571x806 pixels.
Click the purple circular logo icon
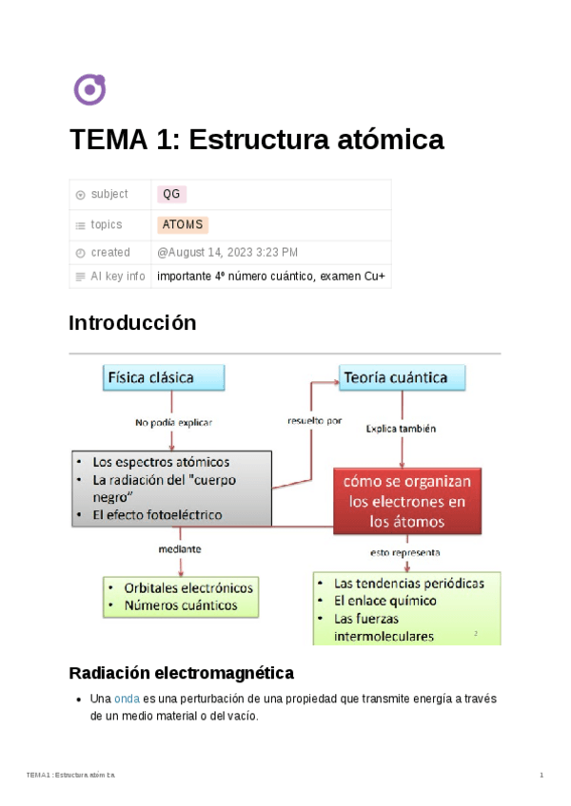coord(89,89)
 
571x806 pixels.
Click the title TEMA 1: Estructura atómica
coord(256,140)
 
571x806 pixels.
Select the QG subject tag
coord(171,194)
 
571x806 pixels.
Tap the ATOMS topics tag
coord(182,225)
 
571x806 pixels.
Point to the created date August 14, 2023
coord(227,253)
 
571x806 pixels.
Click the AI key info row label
coord(117,277)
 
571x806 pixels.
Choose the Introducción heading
coord(132,323)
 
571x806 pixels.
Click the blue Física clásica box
coord(164,377)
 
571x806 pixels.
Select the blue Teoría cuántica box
coord(404,377)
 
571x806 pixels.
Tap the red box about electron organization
coord(407,501)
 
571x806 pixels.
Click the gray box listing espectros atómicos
coord(171,488)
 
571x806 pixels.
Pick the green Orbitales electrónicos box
coord(181,596)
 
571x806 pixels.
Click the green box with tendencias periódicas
coord(406,608)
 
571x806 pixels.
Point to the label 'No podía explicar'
coord(172,422)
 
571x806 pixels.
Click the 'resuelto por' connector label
coord(313,419)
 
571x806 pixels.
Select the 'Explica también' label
coord(401,429)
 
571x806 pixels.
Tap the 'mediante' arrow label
coord(179,549)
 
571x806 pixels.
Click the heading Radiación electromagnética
coord(182,673)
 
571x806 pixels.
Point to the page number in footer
coord(541,777)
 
